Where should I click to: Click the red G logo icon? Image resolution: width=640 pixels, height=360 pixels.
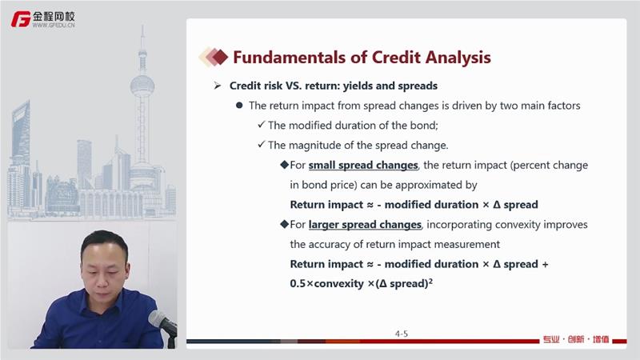pos(21,19)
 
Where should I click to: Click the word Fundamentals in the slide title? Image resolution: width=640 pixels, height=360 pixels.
pos(290,58)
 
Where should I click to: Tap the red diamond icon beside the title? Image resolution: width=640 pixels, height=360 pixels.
pos(219,57)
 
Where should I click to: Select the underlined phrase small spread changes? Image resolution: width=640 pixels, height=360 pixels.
pos(363,166)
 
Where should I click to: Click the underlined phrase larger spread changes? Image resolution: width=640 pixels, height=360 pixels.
pos(365,225)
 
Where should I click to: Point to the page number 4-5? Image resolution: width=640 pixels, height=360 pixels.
pos(402,334)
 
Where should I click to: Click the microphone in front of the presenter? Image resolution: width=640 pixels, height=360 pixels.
pos(162,322)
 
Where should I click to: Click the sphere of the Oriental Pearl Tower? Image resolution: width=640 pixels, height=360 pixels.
pos(142,86)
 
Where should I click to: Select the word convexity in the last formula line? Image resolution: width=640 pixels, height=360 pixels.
pos(338,284)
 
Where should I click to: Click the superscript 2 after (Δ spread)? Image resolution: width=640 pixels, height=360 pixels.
pos(430,280)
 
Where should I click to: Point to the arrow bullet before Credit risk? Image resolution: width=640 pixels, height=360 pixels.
pos(218,86)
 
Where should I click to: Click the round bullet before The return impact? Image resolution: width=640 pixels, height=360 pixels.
pos(239,106)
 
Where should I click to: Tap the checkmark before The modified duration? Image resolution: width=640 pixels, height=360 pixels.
pos(262,125)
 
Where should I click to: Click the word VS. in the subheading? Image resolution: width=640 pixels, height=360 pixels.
pos(294,86)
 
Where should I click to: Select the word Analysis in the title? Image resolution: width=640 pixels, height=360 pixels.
pos(458,58)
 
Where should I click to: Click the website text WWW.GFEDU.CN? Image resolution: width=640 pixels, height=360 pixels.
pos(54,25)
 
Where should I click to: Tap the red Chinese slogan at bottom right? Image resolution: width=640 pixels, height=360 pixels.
pos(576,339)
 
